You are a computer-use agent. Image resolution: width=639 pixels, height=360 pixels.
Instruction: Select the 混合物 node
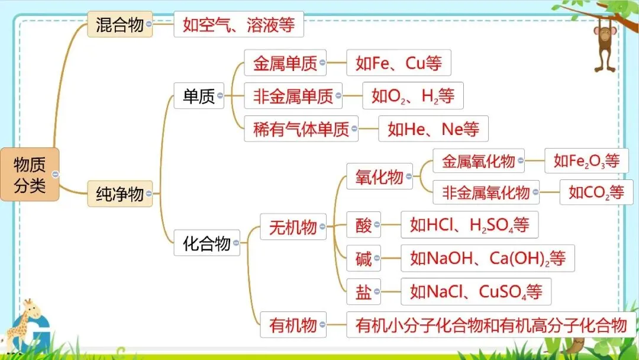tap(120, 25)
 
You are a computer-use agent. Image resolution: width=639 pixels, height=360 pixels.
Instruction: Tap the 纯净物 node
tap(120, 194)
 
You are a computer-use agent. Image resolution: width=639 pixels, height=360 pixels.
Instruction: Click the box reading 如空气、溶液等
tap(238, 25)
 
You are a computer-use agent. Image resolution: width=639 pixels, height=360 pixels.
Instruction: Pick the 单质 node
tap(199, 95)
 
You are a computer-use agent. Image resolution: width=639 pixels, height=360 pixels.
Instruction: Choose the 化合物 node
tap(206, 243)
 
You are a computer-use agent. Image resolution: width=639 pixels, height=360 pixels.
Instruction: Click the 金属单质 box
tap(285, 63)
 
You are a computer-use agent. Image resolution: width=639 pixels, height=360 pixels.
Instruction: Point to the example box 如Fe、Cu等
tap(398, 63)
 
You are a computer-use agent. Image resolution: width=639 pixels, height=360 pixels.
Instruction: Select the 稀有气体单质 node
tap(301, 128)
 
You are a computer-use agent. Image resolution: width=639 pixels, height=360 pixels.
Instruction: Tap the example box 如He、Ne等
tap(433, 128)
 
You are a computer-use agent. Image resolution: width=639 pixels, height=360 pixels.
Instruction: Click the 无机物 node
tap(293, 227)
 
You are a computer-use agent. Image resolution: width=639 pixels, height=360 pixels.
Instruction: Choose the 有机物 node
tap(293, 324)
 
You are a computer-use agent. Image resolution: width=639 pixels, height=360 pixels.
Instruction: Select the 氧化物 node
tap(379, 176)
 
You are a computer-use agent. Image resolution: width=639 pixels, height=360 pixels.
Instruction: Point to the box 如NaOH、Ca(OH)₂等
tap(488, 258)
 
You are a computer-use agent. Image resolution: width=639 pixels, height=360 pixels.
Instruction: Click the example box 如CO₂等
tap(596, 192)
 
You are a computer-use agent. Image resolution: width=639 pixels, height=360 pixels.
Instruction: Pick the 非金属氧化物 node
tap(486, 192)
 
